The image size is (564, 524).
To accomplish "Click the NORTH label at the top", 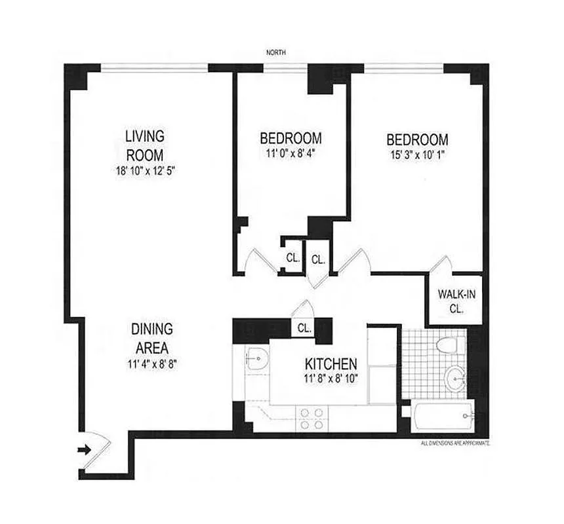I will coord(276,52).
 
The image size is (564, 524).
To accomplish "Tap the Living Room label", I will coord(144,145).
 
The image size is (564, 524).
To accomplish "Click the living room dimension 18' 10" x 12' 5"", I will coord(144,172).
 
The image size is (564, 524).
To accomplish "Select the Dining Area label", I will coord(151,337).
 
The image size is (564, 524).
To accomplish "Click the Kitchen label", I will coord(331,364).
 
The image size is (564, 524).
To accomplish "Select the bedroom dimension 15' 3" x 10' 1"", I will coord(417,156).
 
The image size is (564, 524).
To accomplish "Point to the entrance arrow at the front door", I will coord(83,449).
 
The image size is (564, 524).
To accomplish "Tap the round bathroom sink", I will coord(454,378).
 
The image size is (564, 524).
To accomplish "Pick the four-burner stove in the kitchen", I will coord(312,418).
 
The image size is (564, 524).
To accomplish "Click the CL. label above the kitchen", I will coord(304,327).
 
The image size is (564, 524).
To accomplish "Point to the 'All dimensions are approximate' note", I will coord(455,443).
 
